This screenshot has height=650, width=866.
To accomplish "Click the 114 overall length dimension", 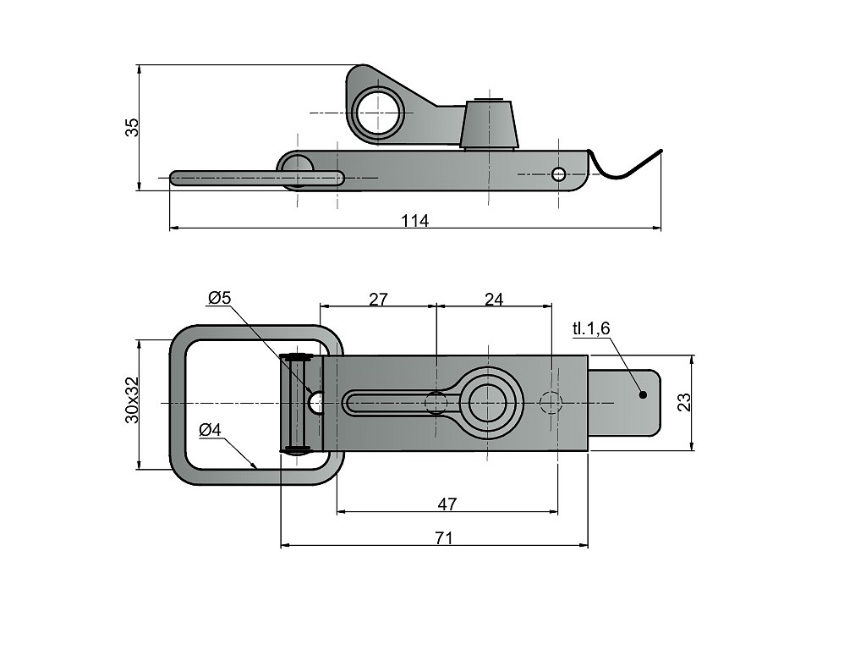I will [x=414, y=221].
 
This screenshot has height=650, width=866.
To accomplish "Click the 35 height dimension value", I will [x=131, y=127].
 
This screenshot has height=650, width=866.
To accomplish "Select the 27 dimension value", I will [x=378, y=299].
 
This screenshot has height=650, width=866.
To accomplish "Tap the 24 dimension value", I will [x=494, y=299].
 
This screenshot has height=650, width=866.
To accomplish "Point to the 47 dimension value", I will [x=447, y=504].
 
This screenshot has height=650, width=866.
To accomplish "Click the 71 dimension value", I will [x=444, y=538].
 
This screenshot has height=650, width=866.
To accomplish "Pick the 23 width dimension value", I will [x=685, y=401].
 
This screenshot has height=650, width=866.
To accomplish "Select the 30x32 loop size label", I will [x=131, y=400].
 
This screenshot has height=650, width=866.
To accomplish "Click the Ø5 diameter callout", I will [x=219, y=298].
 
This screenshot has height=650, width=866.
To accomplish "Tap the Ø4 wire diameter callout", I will [x=210, y=430].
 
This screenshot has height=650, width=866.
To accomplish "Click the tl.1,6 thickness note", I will [x=590, y=328].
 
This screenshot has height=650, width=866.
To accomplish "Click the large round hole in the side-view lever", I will [x=377, y=113].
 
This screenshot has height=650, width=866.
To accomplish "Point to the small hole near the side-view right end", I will [x=558, y=174].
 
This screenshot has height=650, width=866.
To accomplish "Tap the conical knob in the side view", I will [x=490, y=124].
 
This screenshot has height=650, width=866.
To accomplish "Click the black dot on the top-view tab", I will [x=643, y=394].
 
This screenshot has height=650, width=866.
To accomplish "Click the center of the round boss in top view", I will [x=487, y=403].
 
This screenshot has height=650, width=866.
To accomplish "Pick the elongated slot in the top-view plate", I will [x=397, y=403].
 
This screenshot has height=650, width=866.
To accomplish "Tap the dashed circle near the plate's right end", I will [x=551, y=403].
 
